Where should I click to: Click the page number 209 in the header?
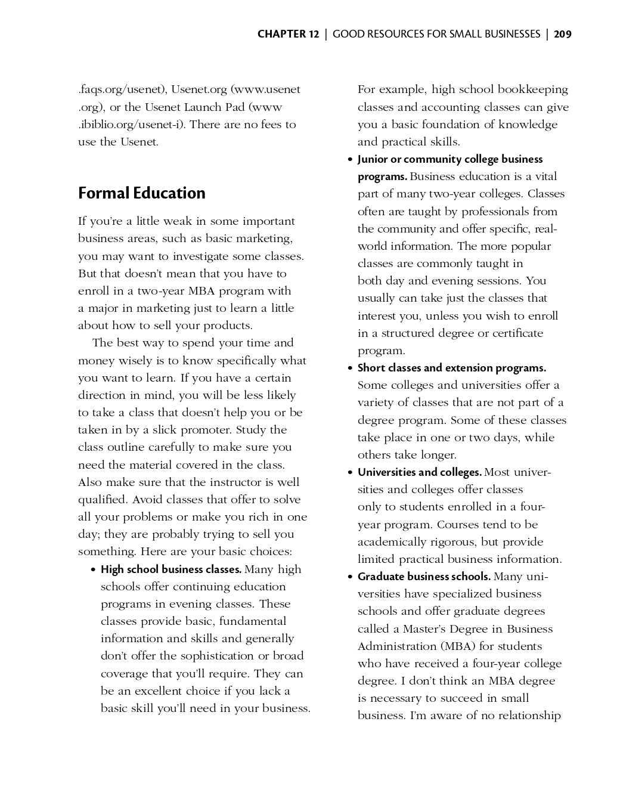(562, 34)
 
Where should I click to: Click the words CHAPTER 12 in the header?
(288, 34)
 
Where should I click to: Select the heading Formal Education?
(141, 193)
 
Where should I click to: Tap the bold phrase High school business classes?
(171, 569)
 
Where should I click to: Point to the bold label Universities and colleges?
(419, 472)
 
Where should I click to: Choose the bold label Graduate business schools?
(424, 577)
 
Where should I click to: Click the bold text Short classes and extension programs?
(451, 368)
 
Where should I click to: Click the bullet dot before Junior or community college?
(350, 160)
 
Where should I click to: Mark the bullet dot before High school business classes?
(94, 570)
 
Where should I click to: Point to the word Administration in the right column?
(396, 646)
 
